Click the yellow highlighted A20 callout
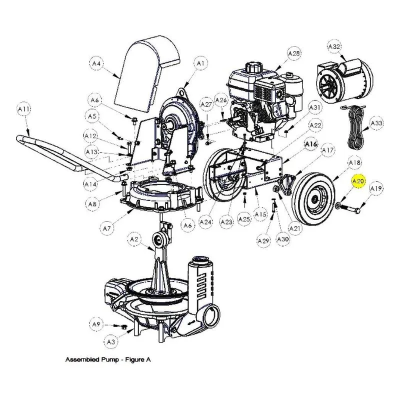[358, 181]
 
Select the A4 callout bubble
[96, 63]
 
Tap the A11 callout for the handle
[24, 109]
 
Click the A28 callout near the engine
[294, 54]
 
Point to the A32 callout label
[334, 46]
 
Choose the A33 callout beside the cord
[376, 123]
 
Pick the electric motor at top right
[344, 80]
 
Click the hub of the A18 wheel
[315, 198]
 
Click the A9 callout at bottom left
[96, 324]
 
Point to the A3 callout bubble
[110, 341]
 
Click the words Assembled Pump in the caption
[92, 359]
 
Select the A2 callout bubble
[134, 239]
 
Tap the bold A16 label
[310, 144]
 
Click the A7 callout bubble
[107, 228]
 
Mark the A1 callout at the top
[201, 63]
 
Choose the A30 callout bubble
[282, 239]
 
